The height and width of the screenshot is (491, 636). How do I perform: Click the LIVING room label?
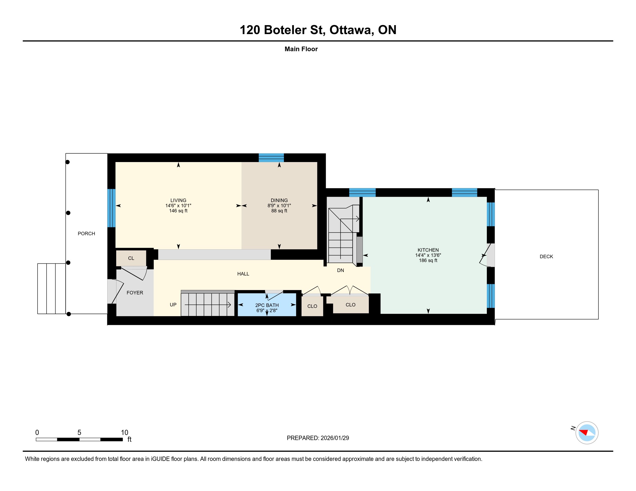coord(178,200)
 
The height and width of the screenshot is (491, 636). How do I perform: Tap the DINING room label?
coord(279,200)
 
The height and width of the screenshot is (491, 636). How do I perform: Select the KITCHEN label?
coord(428,250)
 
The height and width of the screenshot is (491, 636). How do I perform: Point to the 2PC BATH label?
coord(267,305)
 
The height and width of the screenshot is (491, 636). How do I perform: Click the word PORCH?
coord(86,234)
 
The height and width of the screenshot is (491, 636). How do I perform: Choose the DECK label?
coord(546,256)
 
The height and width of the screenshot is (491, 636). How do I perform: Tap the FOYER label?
coord(135,293)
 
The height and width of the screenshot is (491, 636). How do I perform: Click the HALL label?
coord(243,274)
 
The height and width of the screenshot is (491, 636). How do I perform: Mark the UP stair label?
coord(173,304)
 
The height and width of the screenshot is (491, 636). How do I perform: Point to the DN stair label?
coord(341,270)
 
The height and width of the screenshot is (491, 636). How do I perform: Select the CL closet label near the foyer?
coord(131,258)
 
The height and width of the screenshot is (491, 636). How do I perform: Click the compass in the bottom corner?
coord(587,433)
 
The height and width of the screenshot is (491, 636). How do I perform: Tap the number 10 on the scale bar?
coord(125,433)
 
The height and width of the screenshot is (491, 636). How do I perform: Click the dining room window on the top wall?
coord(271,158)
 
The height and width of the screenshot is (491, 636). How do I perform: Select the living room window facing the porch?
coord(112,208)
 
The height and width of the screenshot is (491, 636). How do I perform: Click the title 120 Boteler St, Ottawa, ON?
coord(318,30)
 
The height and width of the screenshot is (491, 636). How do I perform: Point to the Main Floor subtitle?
coord(301,49)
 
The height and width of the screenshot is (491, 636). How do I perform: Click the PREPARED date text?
coord(318,438)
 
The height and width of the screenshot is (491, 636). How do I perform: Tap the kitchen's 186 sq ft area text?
coord(428,261)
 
